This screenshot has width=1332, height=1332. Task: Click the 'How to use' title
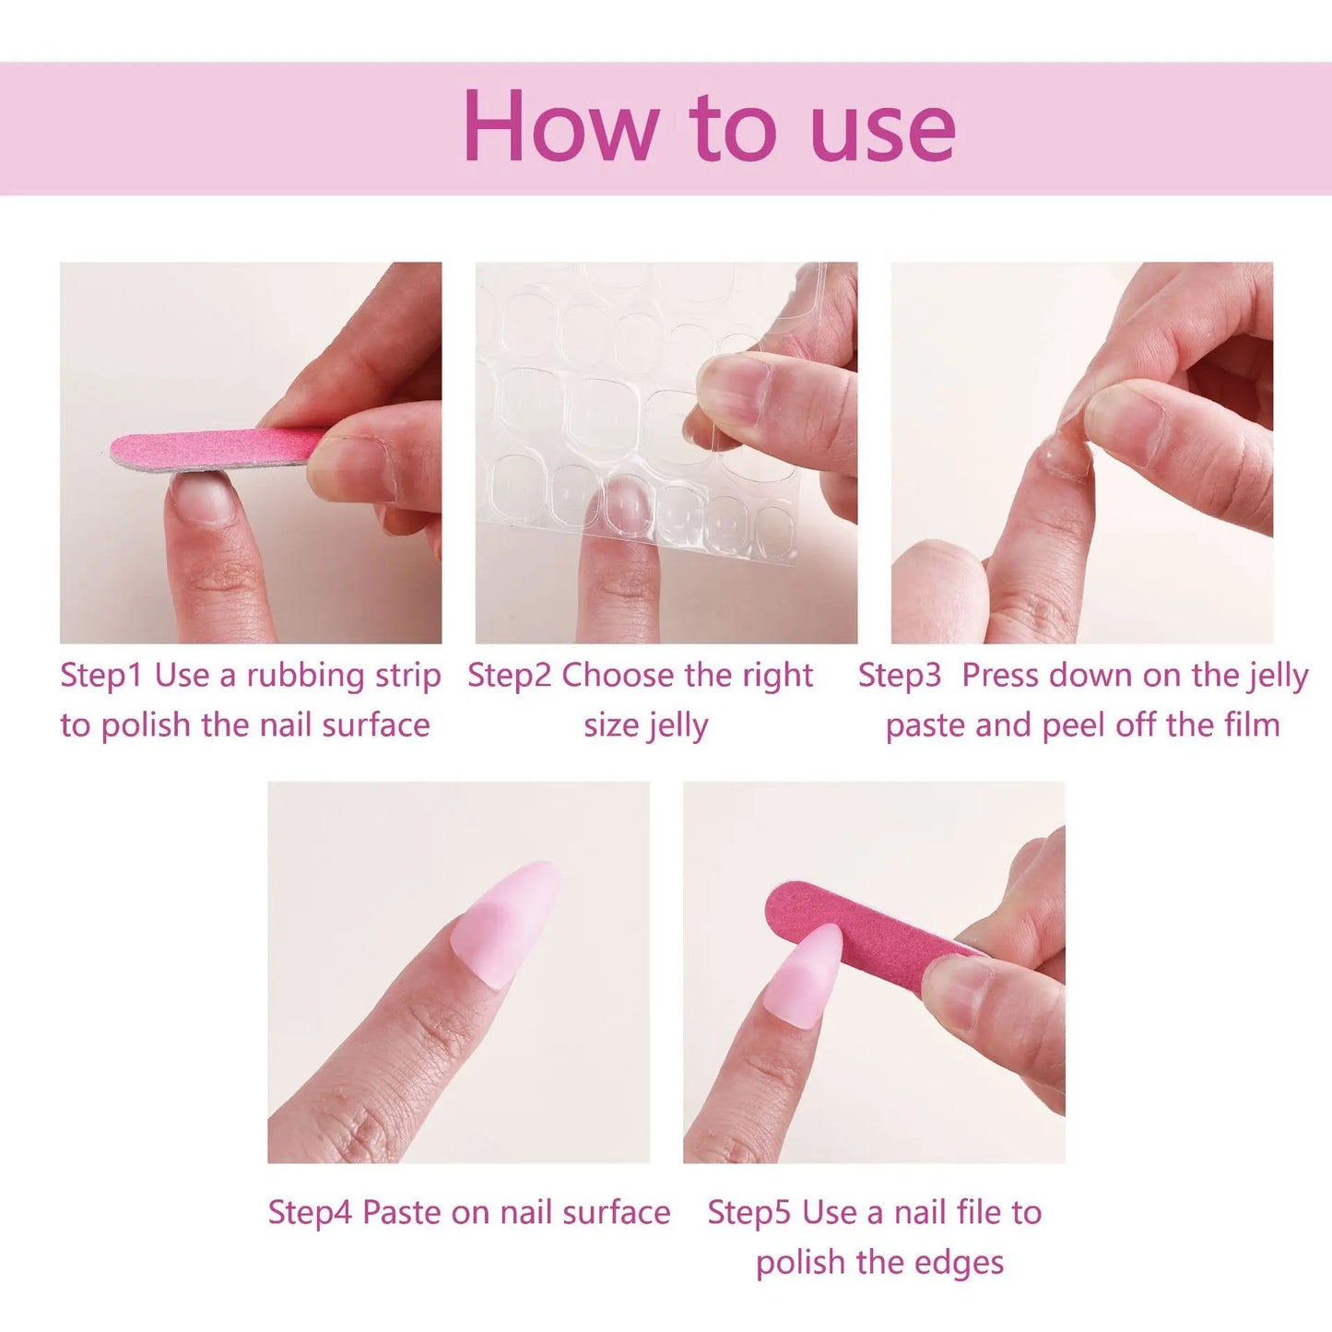point(708,127)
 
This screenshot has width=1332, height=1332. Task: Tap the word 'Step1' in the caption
point(101,676)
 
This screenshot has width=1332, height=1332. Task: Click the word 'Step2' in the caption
point(509,676)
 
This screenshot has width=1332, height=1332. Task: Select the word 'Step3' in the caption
point(900,676)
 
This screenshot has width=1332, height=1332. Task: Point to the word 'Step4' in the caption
point(310,1212)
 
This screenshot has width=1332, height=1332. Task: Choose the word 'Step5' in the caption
point(749,1212)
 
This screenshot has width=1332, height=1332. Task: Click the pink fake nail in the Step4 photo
point(507,922)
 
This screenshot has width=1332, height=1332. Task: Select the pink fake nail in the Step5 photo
point(804,972)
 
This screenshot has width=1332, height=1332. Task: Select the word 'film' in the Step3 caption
point(1252,725)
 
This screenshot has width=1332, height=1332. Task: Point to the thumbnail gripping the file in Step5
point(959,991)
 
